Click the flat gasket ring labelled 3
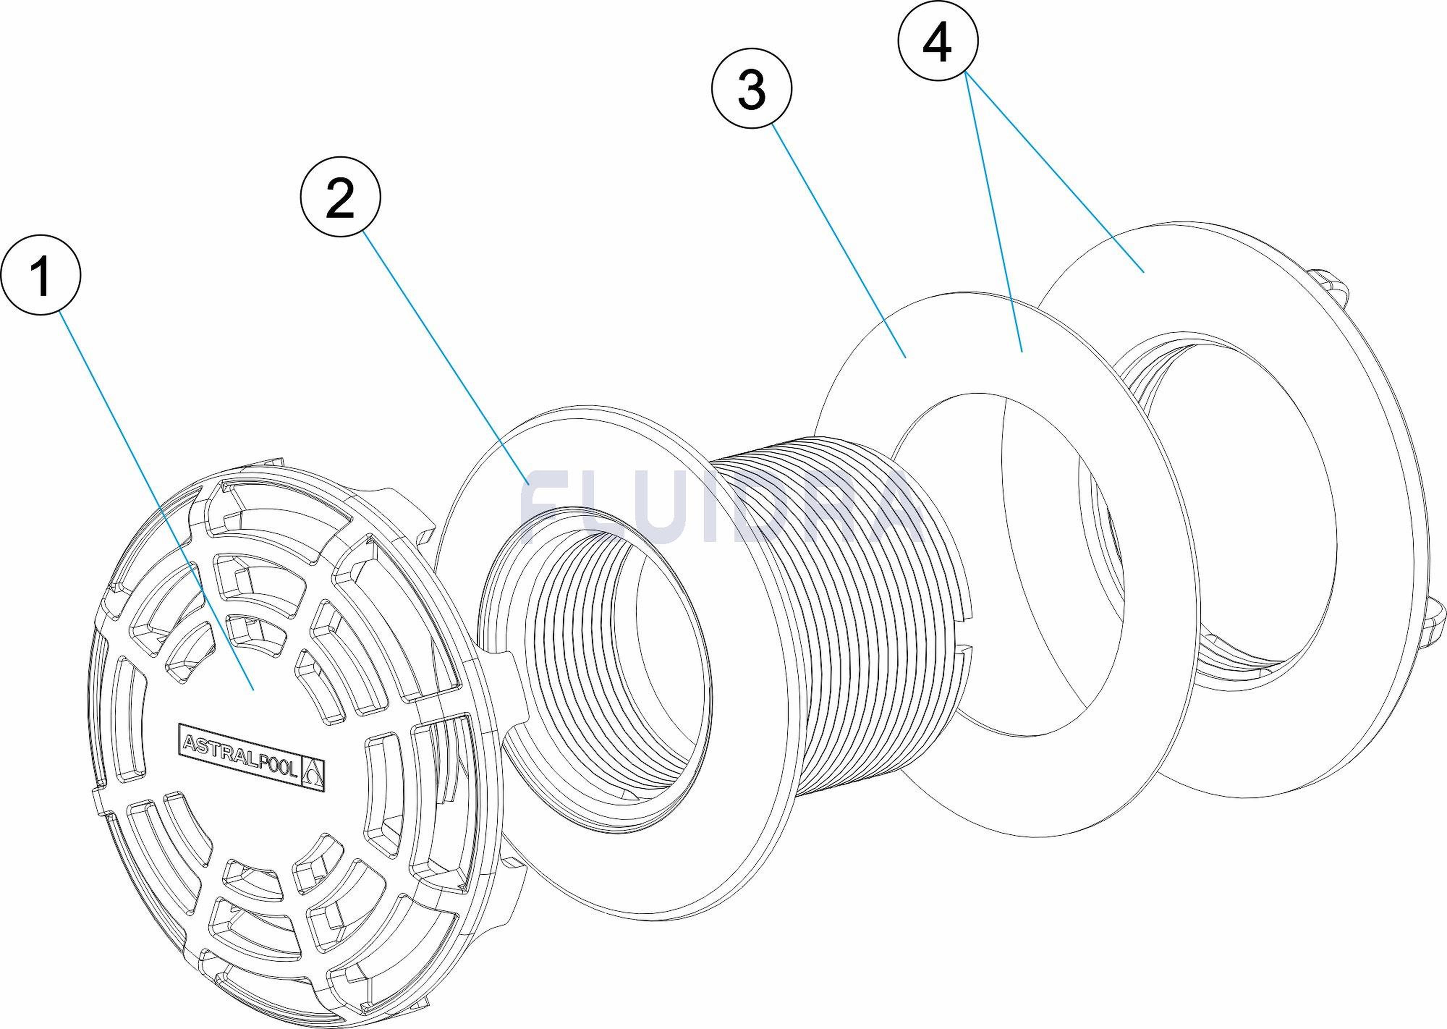1007,564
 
